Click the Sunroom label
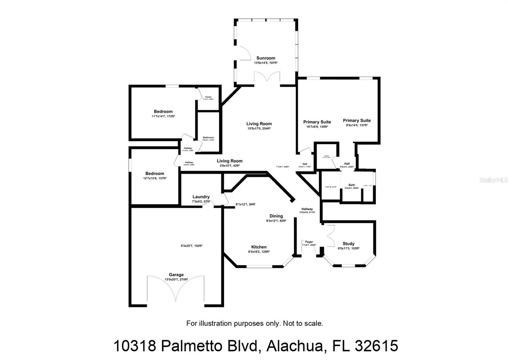[266, 58]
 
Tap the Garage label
[176, 275]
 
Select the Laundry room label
[201, 197]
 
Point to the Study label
[348, 244]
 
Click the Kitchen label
[259, 247]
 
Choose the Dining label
[276, 216]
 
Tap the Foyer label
[309, 242]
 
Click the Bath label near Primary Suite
[352, 185]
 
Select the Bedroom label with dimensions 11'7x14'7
[163, 111]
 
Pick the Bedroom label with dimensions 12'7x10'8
[155, 173]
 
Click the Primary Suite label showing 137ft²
[357, 120]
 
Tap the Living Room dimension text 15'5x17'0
[259, 129]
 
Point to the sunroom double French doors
[267, 78]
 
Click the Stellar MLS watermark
[494, 180]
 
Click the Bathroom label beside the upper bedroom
[208, 138]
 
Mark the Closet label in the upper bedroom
[208, 97]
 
